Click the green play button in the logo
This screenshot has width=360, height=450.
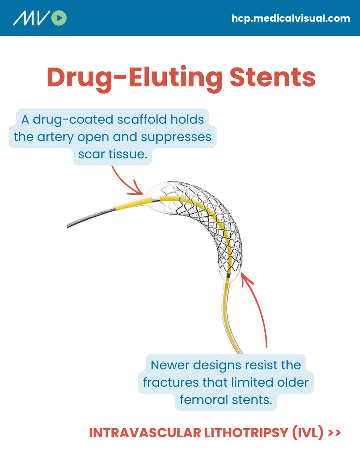pyautogui.click(x=59, y=18)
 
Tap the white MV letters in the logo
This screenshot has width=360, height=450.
pyautogui.click(x=31, y=18)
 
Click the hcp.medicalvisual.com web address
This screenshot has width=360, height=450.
pyautogui.click(x=291, y=18)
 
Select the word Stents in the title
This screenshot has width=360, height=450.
pyautogui.click(x=273, y=77)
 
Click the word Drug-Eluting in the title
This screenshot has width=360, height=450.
pyautogui.click(x=134, y=79)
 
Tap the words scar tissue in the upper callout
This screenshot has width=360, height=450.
pyautogui.click(x=112, y=154)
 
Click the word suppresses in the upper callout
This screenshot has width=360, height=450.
pyautogui.click(x=176, y=138)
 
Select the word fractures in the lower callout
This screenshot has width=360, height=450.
pyautogui.click(x=171, y=382)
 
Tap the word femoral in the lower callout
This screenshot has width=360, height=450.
pyautogui.click(x=204, y=400)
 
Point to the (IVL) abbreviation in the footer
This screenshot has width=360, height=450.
pyautogui.click(x=308, y=433)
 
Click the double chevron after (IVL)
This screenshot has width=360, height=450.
pyautogui.click(x=334, y=433)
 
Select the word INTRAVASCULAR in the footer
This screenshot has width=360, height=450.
pyautogui.click(x=145, y=433)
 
